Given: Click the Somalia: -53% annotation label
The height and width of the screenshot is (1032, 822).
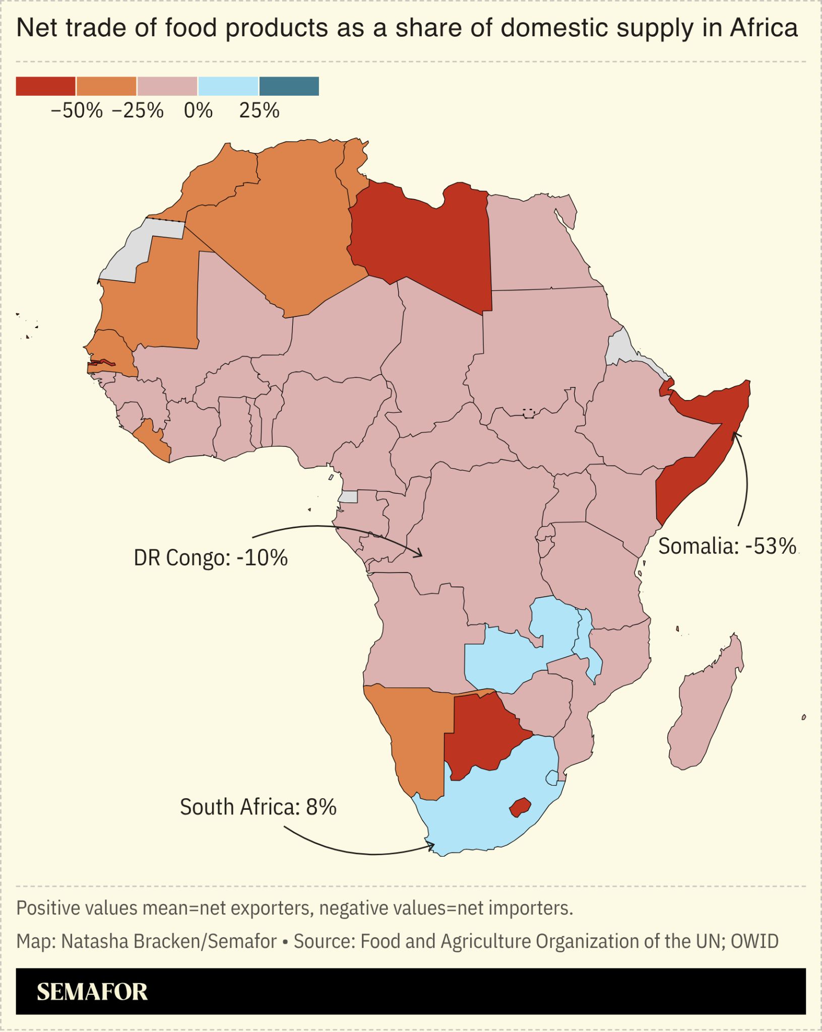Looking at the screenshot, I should (x=727, y=546).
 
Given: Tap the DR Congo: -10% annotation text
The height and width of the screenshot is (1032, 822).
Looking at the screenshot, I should (x=211, y=558).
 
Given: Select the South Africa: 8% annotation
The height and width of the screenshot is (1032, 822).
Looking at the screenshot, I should (x=258, y=807).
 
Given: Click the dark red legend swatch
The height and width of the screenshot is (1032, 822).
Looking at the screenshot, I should (x=46, y=86).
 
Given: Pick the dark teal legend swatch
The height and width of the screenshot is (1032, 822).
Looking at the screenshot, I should (x=289, y=86).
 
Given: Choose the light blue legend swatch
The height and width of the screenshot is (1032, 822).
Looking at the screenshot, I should (x=228, y=86).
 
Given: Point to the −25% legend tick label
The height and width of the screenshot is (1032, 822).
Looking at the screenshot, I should (x=138, y=110).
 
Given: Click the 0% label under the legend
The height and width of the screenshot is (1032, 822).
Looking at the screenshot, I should (x=198, y=110).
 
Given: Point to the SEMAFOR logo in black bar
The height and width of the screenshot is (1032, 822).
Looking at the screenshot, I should (x=92, y=992).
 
